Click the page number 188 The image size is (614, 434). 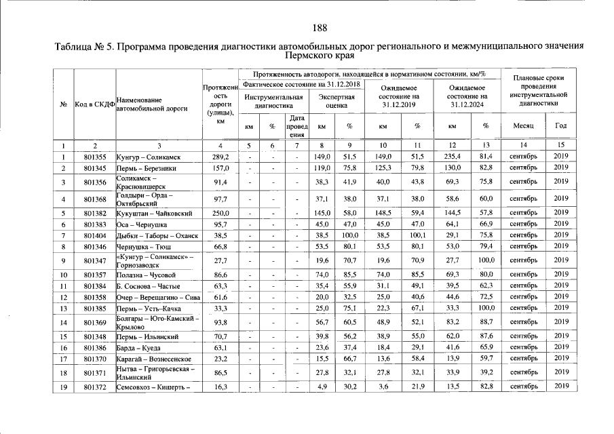[320, 28]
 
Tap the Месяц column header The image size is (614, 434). [523, 125]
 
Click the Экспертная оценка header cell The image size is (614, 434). [336, 101]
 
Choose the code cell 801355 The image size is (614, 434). [95, 157]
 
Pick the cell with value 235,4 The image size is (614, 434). [452, 157]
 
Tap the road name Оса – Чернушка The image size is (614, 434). [144, 224]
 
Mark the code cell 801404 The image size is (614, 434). [95, 235]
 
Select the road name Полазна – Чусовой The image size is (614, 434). [147, 275]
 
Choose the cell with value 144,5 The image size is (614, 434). [452, 214]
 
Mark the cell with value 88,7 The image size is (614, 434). [486, 321]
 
